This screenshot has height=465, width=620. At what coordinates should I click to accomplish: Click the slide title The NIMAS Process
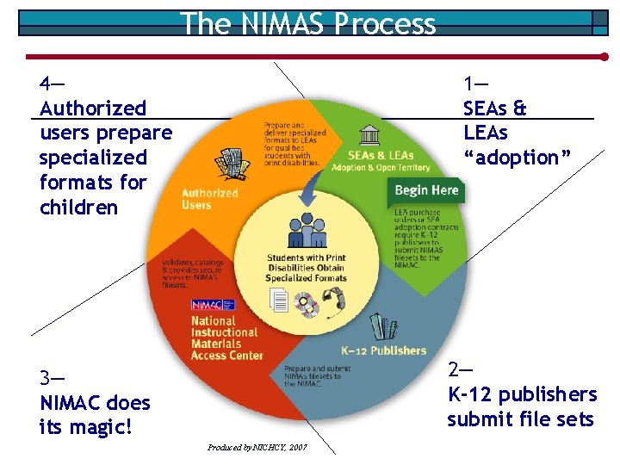tap(308, 23)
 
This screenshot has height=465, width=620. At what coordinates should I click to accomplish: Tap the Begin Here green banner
tap(426, 190)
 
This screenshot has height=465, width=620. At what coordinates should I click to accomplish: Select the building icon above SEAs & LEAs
tap(370, 135)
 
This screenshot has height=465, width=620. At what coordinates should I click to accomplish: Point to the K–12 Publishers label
tap(383, 350)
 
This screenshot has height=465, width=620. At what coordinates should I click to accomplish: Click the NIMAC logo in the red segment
tap(206, 305)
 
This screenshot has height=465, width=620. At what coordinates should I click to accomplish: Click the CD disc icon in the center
tap(307, 303)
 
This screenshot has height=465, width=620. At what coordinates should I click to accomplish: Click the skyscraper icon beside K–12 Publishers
tap(379, 326)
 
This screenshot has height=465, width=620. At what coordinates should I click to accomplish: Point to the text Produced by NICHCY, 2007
tap(257, 448)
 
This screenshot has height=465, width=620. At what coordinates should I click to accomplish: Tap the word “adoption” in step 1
tap(517, 158)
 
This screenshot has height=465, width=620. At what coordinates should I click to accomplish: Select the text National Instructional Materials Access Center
tap(224, 338)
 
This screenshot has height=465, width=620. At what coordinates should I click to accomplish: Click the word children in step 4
tap(78, 208)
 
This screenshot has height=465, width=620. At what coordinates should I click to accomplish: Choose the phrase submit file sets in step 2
tap(520, 419)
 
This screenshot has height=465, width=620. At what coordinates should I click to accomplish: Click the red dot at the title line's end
tap(604, 57)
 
